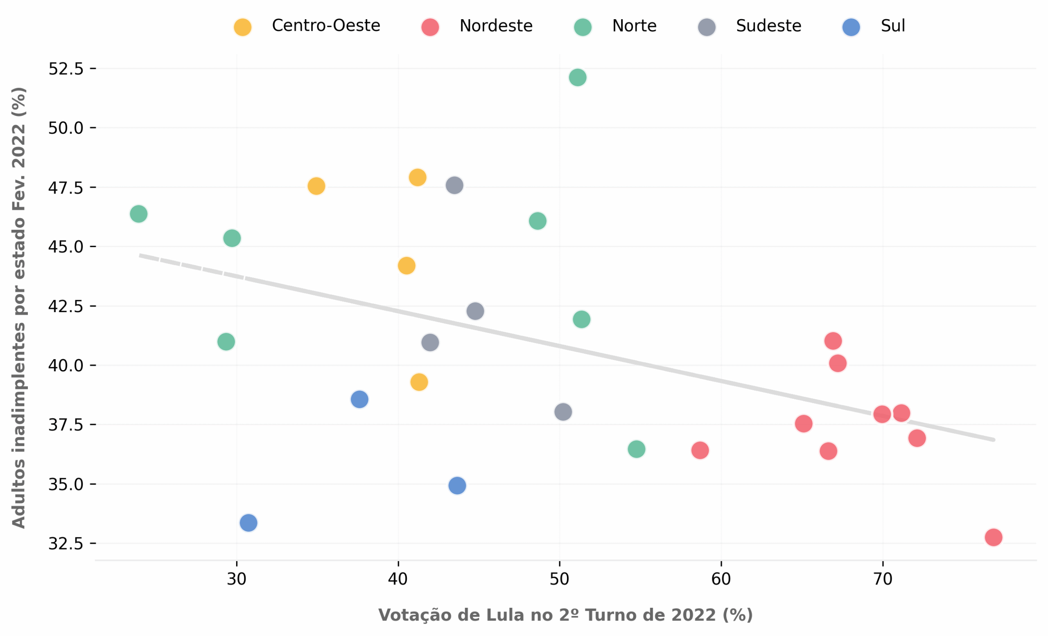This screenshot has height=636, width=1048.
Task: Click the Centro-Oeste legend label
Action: click(x=326, y=26)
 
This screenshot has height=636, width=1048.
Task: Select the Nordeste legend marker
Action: click(x=429, y=27)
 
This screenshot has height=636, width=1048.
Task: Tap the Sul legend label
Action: click(x=893, y=26)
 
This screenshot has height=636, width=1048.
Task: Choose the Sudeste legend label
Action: click(x=768, y=26)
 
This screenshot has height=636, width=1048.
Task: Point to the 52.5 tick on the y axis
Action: click(x=66, y=68)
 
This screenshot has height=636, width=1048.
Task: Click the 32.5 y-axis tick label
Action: click(x=66, y=544)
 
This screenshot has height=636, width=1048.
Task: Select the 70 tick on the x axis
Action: click(x=883, y=579)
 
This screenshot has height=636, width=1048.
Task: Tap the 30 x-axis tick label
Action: click(x=237, y=579)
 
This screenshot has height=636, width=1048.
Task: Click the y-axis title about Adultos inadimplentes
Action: click(x=19, y=308)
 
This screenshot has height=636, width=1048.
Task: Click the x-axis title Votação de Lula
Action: click(x=565, y=615)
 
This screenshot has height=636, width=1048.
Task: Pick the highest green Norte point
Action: click(x=577, y=77)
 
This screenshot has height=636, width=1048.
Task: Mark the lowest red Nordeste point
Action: click(x=993, y=537)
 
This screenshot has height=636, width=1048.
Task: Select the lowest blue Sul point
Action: click(x=248, y=523)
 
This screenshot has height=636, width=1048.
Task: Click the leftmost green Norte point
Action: click(x=138, y=213)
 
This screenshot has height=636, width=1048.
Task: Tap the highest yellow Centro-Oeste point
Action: click(x=417, y=177)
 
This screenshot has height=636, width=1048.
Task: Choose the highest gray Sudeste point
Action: click(x=454, y=185)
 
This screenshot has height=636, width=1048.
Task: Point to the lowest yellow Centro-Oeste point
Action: click(x=419, y=382)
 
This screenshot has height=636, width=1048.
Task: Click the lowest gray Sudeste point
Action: click(x=563, y=412)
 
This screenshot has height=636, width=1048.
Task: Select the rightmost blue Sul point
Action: click(x=457, y=485)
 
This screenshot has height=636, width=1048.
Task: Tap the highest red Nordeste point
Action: click(x=833, y=341)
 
